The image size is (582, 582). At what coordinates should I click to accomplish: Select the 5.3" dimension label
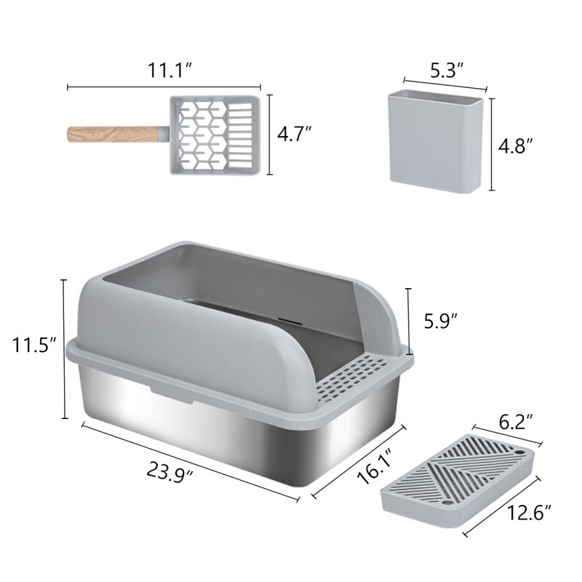pyautogui.click(x=447, y=71)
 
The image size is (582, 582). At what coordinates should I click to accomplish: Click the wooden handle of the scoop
pyautogui.click(x=110, y=135)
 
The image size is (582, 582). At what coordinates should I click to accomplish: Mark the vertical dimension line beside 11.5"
pyautogui.click(x=65, y=348)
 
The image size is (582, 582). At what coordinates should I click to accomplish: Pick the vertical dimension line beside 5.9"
pyautogui.click(x=408, y=320)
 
